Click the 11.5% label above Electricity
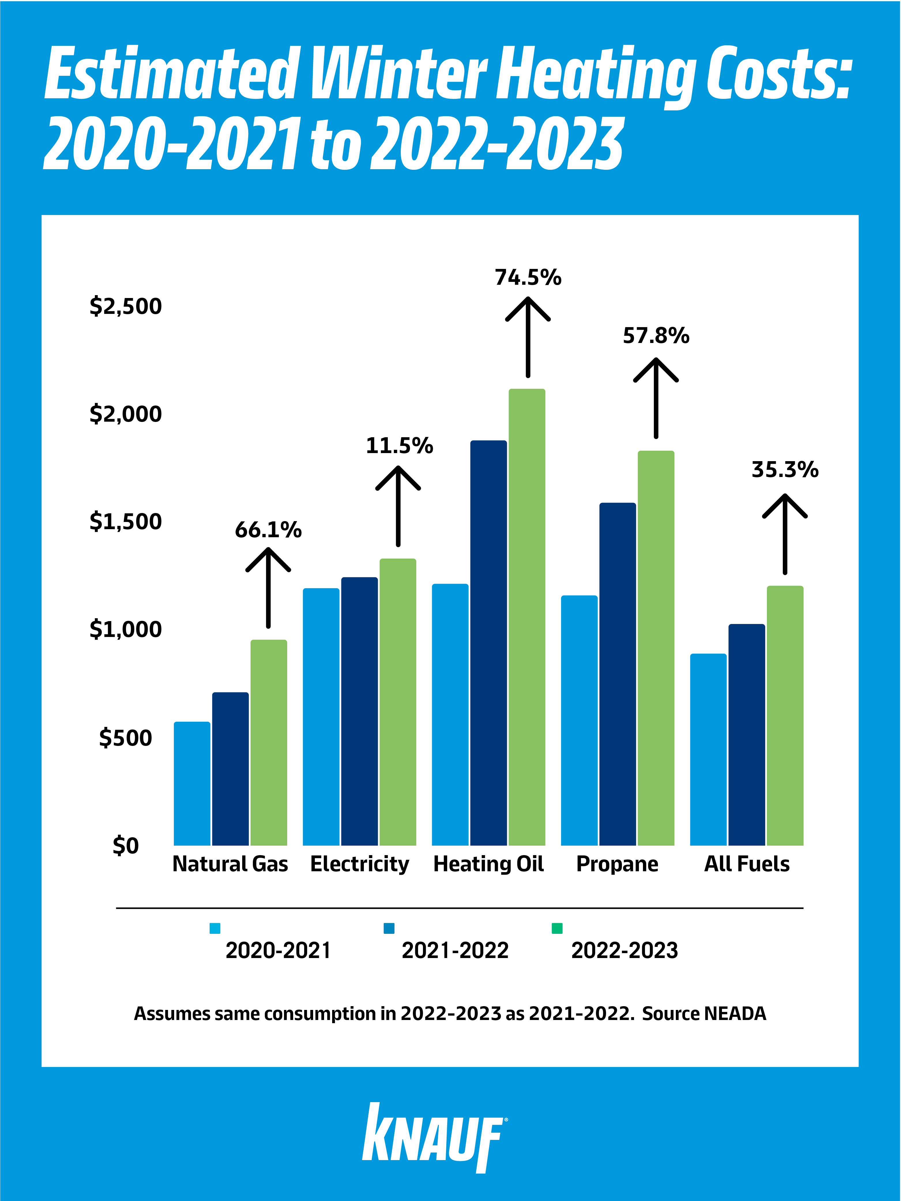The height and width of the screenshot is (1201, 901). [399, 446]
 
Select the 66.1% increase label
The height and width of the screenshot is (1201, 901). [268, 530]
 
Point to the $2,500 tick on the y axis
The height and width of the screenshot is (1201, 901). [125, 306]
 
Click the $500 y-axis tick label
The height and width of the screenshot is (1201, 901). [125, 738]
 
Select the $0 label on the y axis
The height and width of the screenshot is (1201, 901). [125, 845]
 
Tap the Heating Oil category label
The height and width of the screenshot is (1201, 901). [488, 864]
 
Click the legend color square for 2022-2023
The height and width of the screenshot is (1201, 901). [557, 928]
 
